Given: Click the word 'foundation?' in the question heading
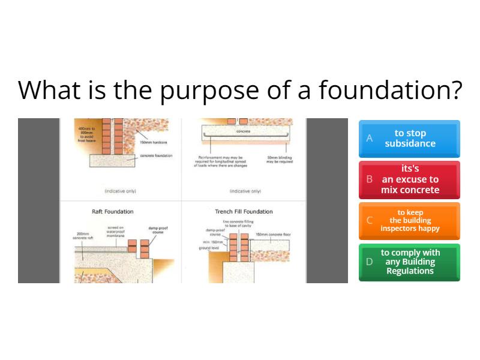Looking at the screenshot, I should (390, 90).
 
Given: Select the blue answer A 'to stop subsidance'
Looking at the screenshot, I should (410, 139).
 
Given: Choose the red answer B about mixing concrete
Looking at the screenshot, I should (410, 179).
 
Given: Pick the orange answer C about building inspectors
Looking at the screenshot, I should (410, 221).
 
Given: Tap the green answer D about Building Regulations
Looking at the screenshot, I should (410, 262).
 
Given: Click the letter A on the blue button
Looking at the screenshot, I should (370, 139).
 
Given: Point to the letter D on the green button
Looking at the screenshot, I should (370, 262).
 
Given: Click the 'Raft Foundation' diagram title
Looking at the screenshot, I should (112, 212).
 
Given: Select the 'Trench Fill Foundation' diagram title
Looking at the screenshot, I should (244, 212).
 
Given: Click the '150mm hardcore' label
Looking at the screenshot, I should (154, 142).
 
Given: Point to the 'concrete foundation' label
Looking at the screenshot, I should (156, 155).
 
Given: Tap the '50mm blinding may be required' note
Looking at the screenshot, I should (279, 160).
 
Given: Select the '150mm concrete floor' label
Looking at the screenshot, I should (273, 235).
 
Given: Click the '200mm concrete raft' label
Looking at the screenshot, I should (83, 236).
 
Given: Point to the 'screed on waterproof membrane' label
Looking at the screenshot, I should (116, 232).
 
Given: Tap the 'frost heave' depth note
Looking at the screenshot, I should (86, 134).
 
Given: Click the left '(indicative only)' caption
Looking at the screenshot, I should (120, 191).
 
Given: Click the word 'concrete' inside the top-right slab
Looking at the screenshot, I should (243, 131).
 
